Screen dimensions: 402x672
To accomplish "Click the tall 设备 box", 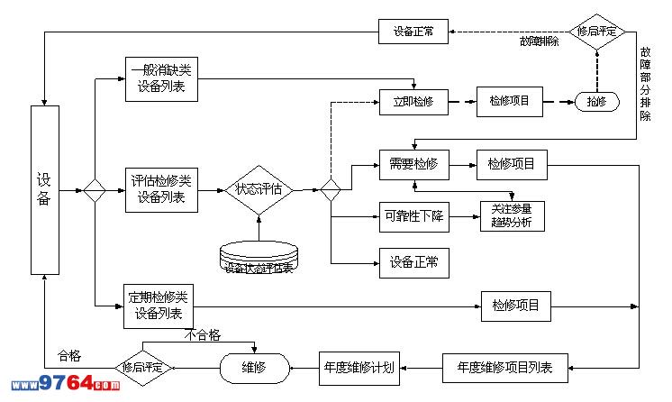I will pos(45,189).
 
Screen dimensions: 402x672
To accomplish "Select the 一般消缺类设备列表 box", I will pos(162,79).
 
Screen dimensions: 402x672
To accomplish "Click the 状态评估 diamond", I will pos(259,189).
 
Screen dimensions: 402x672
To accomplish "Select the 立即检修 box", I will pos(413,102).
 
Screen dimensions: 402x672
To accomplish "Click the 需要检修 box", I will pos(413,164).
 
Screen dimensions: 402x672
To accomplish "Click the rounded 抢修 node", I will pos(596,102).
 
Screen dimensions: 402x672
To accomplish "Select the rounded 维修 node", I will pos(255,368).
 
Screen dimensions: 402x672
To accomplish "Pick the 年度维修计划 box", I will pos(359,368).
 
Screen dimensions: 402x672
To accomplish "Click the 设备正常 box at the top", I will pos(413,32).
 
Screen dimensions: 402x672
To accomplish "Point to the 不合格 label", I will pos(204,334).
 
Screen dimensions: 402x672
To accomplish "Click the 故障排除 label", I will pos(539,41).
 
